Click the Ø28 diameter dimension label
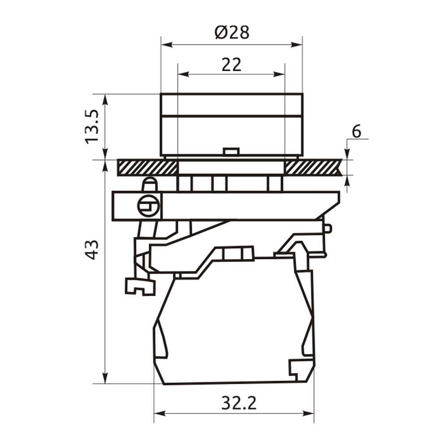click(232, 32)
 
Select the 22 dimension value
click(232, 65)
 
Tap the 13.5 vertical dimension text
click(92, 127)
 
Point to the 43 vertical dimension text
click(92, 250)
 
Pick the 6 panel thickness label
click(356, 131)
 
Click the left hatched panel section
click(147, 168)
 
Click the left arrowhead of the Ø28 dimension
click(167, 44)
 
